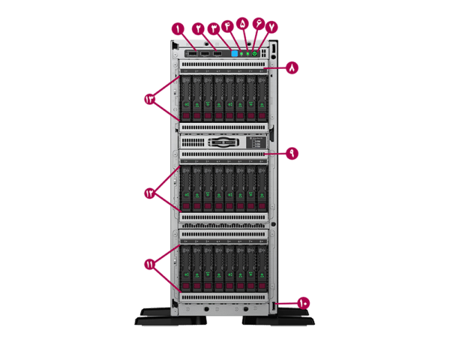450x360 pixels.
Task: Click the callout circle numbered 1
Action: point(178,28)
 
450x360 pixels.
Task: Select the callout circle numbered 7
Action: point(271,27)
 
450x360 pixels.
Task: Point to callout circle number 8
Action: point(292,67)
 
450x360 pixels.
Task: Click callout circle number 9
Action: point(292,153)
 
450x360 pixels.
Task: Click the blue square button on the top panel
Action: point(235,53)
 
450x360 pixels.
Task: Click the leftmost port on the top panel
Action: point(192,53)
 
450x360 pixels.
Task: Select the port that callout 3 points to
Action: point(217,53)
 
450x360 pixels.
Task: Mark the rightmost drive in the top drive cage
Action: point(262,97)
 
